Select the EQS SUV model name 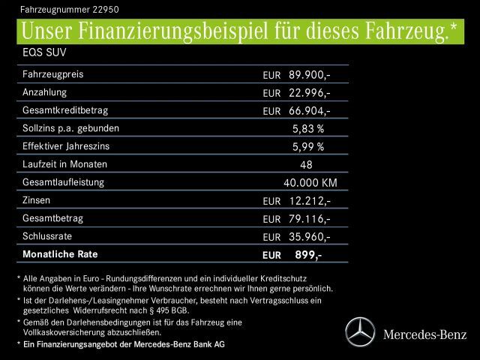[x=44, y=55]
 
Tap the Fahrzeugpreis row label [x=53, y=75]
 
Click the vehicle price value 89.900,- [x=309, y=75]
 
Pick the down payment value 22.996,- [x=309, y=93]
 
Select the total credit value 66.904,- [x=309, y=111]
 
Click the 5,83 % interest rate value [x=307, y=129]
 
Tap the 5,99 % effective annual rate [x=307, y=147]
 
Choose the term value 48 [x=306, y=165]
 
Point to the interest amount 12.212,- [x=309, y=201]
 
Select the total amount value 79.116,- [x=309, y=219]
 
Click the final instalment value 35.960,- [x=309, y=237]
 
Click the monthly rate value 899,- [x=307, y=255]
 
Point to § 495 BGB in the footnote [x=169, y=310]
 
